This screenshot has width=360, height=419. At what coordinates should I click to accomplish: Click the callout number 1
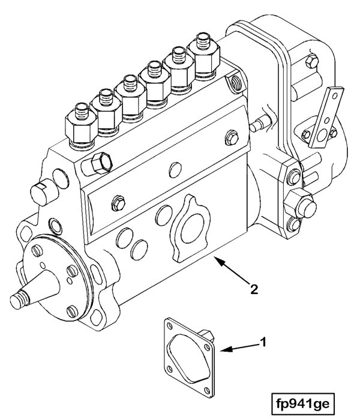pyautogui.click(x=263, y=342)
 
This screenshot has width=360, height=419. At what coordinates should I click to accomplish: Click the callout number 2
pyautogui.click(x=254, y=289)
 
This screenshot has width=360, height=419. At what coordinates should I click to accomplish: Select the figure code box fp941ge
pyautogui.click(x=303, y=403)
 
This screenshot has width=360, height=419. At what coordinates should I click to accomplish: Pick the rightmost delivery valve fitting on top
pyautogui.click(x=203, y=55)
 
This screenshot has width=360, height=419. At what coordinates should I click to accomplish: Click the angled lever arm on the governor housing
pyautogui.click(x=326, y=117)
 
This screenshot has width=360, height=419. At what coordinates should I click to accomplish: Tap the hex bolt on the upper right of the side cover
pyautogui.click(x=231, y=137)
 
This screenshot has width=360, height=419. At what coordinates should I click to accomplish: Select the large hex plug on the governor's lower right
pyautogui.click(x=299, y=205)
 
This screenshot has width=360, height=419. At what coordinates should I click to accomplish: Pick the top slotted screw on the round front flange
pyautogui.click(x=37, y=250)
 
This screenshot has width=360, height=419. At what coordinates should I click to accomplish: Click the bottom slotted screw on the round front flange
pyautogui.click(x=72, y=311)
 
